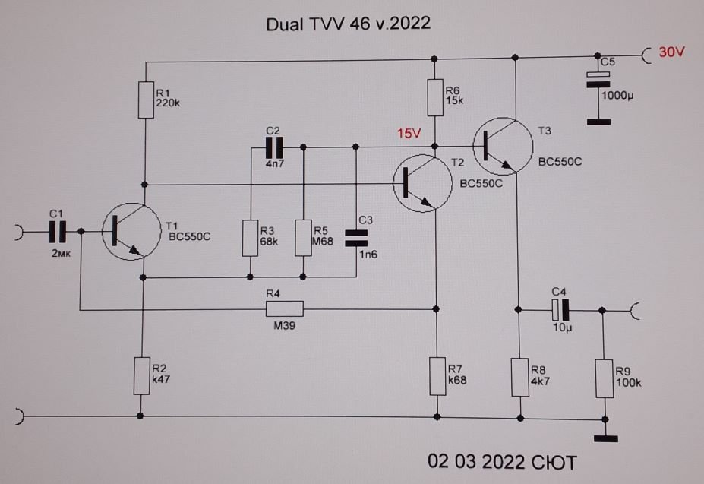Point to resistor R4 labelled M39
(x=284, y=308)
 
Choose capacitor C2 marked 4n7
(x=273, y=145)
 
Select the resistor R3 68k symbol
(x=250, y=238)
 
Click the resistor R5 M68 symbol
(x=303, y=238)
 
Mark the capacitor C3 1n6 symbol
(x=355, y=238)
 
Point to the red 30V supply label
(x=672, y=53)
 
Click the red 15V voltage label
(x=409, y=134)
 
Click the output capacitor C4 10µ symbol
(x=560, y=309)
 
